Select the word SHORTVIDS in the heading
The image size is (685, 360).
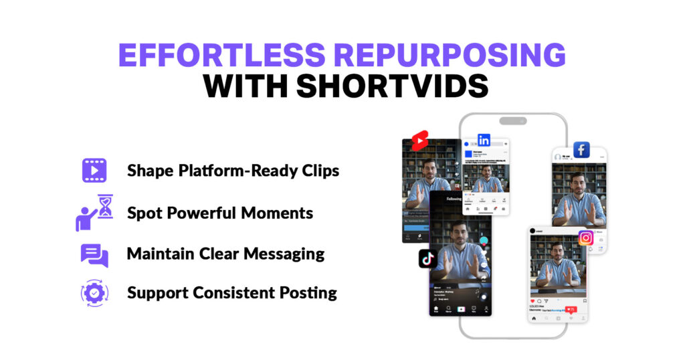[394, 88]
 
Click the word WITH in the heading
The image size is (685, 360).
[246, 88]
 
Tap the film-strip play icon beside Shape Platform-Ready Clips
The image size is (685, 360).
[94, 170]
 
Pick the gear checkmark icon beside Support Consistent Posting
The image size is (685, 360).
[94, 293]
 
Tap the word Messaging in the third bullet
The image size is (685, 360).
[286, 254]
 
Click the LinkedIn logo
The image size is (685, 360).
[484, 141]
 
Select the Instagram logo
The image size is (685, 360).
[586, 238]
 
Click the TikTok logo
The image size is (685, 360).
[428, 258]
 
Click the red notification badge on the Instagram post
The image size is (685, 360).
[571, 309]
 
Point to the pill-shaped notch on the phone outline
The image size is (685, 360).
[513, 121]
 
